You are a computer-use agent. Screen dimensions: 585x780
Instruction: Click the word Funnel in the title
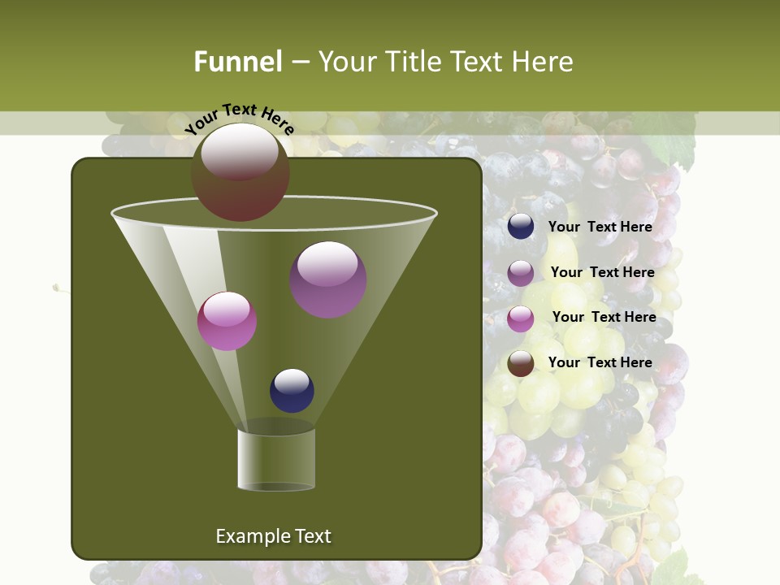pyautogui.click(x=238, y=62)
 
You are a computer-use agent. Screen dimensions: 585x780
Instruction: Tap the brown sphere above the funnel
pyautogui.click(x=240, y=171)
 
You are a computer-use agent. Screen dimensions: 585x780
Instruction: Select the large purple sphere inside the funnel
pyautogui.click(x=328, y=279)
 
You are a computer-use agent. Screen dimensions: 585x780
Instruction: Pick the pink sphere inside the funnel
pyautogui.click(x=227, y=321)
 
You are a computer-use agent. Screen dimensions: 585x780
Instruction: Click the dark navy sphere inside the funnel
pyautogui.click(x=292, y=390)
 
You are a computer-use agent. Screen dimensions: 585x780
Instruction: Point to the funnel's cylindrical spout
pyautogui.click(x=276, y=459)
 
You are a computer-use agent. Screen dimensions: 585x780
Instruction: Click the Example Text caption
pyautogui.click(x=273, y=536)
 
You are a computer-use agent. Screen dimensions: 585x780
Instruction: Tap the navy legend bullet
pyautogui.click(x=521, y=227)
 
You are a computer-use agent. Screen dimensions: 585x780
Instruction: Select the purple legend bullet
pyautogui.click(x=521, y=273)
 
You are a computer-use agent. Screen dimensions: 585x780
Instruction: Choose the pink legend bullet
pyautogui.click(x=521, y=318)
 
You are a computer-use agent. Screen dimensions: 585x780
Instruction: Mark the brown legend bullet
pyautogui.click(x=521, y=363)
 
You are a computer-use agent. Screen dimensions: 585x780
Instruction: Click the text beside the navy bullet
pyautogui.click(x=600, y=227)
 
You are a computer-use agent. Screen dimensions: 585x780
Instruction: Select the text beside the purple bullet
pyautogui.click(x=602, y=272)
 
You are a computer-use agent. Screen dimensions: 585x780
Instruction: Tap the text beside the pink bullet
pyautogui.click(x=604, y=317)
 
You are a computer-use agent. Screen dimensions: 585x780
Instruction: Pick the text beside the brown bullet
pyautogui.click(x=600, y=362)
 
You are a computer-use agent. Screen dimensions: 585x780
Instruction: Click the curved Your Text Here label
pyautogui.click(x=239, y=117)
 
